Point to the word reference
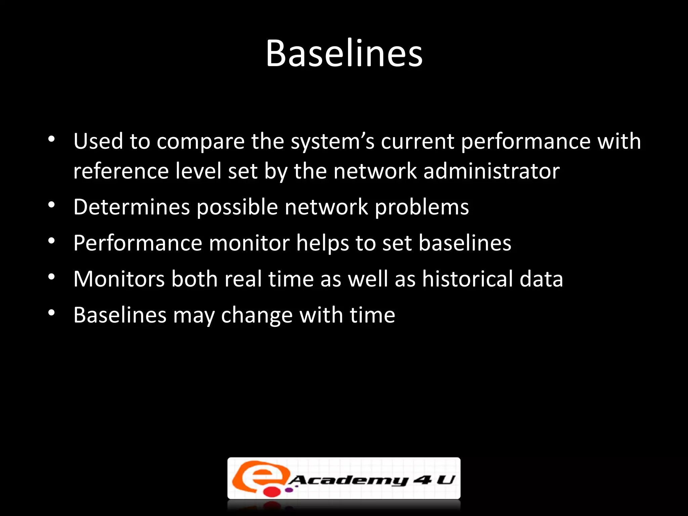pyautogui.click(x=121, y=171)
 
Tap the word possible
pyautogui.click(x=237, y=207)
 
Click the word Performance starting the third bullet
pyautogui.click(x=138, y=243)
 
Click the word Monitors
pyautogui.click(x=119, y=279)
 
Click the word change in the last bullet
pyautogui.click(x=257, y=316)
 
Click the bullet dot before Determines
pyautogui.click(x=51, y=205)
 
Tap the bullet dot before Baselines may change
pyautogui.click(x=51, y=313)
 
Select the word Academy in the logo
pyautogui.click(x=348, y=480)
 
